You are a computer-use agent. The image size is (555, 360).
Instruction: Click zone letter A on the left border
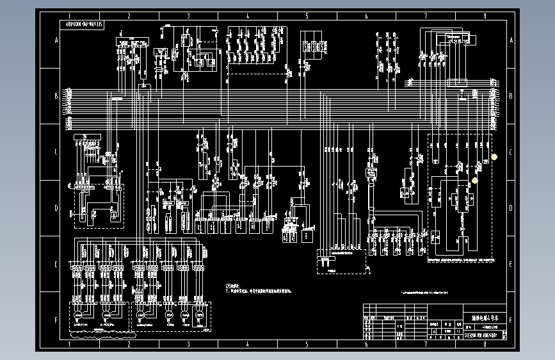click(56, 41)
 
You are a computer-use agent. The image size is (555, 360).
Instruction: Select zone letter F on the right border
click(510, 319)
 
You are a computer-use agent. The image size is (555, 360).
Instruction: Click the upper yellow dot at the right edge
click(494, 157)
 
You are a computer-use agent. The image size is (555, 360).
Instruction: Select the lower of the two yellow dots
click(474, 181)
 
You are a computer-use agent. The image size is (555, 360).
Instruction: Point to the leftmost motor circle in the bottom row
click(78, 315)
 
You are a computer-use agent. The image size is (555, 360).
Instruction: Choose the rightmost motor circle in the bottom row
click(198, 315)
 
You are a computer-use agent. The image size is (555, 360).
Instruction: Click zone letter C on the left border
click(56, 152)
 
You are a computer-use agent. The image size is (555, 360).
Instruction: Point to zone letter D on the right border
click(510, 208)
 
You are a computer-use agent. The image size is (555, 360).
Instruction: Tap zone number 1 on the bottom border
click(68, 345)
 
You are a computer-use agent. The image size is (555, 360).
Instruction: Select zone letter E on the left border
click(56, 264)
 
